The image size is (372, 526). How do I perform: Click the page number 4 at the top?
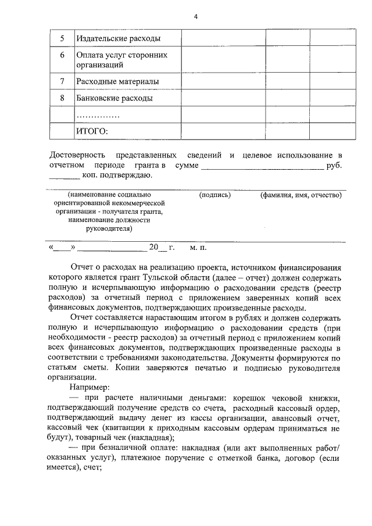[195, 16]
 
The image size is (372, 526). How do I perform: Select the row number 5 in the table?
[62, 39]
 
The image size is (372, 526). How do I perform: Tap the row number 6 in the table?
[62, 55]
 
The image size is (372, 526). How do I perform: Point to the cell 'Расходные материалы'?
[117, 81]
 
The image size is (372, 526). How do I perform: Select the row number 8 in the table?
[62, 98]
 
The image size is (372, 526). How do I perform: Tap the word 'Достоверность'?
[77, 156]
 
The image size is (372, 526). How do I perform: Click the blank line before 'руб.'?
[262, 166]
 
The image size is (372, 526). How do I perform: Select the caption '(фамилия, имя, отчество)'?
[301, 195]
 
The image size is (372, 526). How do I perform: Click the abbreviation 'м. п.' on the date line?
[198, 248]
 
